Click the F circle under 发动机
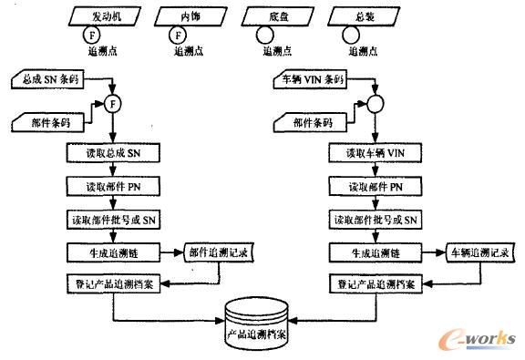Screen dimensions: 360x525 click(90, 36)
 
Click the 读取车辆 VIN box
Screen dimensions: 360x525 click(376, 151)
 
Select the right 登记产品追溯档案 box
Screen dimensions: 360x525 click(376, 284)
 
